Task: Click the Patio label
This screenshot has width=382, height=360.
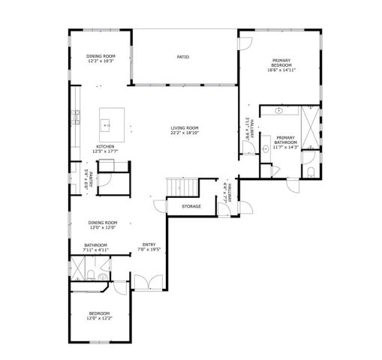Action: pyautogui.click(x=182, y=57)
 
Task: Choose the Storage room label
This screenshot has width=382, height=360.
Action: pyautogui.click(x=191, y=206)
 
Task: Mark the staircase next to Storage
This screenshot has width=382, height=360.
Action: pyautogui.click(x=182, y=186)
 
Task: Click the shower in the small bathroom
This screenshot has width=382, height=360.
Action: pyautogui.click(x=80, y=269)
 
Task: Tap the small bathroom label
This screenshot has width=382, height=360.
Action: pyautogui.click(x=95, y=245)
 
